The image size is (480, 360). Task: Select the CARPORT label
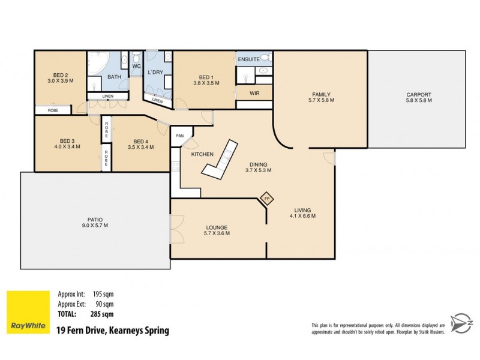coord(418,95)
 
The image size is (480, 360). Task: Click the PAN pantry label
coord(179,136)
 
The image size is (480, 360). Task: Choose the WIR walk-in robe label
coord(254,94)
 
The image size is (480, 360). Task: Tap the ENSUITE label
coord(248,60)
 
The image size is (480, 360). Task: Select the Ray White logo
coord(28,313)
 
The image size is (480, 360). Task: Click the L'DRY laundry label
coord(156,73)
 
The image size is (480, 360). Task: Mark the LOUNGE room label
coord(217,227)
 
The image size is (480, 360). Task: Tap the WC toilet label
coord(136,66)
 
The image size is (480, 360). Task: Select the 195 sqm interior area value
coord(103,295)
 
